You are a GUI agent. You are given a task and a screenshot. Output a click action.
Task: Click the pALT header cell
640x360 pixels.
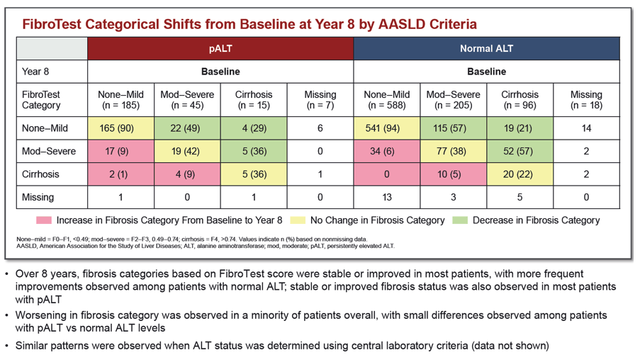point(220,49)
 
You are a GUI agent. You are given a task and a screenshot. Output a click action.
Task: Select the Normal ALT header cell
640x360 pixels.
point(486,49)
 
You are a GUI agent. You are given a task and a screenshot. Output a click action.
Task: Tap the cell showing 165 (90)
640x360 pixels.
point(120,128)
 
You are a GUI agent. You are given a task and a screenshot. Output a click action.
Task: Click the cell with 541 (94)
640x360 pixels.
point(386,128)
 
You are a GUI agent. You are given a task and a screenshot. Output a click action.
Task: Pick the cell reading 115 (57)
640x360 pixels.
point(453,128)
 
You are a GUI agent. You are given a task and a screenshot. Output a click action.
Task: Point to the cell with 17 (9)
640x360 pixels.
point(120,152)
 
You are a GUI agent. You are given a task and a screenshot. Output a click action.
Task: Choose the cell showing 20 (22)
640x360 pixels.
point(520,174)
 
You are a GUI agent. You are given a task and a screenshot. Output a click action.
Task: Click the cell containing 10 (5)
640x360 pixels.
point(453,174)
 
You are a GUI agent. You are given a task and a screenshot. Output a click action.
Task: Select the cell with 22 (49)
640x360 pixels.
point(187,128)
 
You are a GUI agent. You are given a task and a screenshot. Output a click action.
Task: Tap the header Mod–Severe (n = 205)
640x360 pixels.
point(453,100)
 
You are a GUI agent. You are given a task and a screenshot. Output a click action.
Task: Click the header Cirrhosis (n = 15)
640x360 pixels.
point(254,100)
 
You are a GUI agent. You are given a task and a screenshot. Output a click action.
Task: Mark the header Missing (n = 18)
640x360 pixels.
point(586,100)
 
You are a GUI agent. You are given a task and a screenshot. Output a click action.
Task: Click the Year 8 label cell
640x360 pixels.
point(52,72)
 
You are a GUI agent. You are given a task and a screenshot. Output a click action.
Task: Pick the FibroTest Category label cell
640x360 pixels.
point(52,100)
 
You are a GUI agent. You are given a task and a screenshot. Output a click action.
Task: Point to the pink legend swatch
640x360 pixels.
point(44,220)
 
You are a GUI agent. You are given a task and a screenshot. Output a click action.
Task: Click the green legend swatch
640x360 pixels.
point(460,220)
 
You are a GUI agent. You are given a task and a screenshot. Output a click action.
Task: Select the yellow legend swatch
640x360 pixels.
point(298,220)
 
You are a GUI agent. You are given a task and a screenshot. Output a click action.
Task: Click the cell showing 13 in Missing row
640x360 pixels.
point(386,197)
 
